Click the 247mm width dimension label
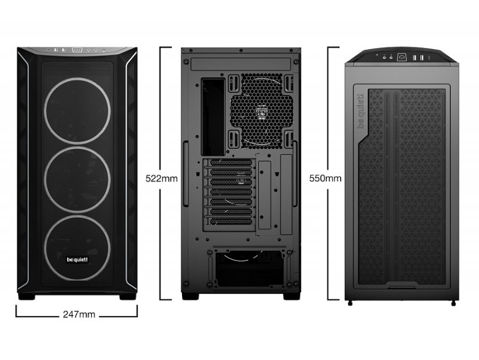[79, 314]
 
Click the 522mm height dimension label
[161, 178]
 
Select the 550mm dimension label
[325, 178]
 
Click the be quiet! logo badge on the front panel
[77, 260]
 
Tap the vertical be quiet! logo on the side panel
[361, 111]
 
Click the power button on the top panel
[401, 57]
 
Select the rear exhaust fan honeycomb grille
[262, 110]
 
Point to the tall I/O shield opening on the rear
[213, 116]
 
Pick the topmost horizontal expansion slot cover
[231, 163]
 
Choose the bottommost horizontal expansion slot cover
[231, 221]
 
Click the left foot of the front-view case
[26, 296]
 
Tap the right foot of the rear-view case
[292, 296]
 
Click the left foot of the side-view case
[350, 304]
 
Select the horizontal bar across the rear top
[241, 65]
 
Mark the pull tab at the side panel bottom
[402, 286]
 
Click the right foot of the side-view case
[453, 304]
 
